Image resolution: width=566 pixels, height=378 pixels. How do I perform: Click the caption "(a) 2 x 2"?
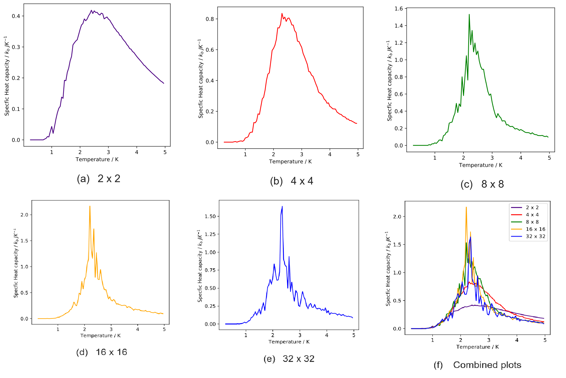(x=99, y=179)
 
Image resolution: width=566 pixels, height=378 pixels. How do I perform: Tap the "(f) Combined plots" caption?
(x=477, y=365)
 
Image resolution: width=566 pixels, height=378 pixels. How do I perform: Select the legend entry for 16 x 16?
(x=535, y=229)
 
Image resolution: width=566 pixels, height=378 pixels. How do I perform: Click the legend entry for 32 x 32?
(x=535, y=236)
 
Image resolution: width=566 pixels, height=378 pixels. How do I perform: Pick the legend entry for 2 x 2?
(x=532, y=207)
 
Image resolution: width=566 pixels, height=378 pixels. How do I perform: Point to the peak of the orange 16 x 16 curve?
(x=90, y=206)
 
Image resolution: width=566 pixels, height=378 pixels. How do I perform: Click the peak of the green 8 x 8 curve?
(x=469, y=15)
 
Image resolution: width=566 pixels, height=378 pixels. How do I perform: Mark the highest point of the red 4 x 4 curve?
(x=282, y=13)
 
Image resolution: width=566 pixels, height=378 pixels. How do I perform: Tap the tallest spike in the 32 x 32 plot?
(x=282, y=206)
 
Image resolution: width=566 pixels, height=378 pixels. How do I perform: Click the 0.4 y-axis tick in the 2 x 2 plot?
(x=16, y=16)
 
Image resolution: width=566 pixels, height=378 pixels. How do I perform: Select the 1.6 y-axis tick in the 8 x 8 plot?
(x=398, y=9)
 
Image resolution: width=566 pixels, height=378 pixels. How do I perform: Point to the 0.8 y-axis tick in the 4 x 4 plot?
(x=210, y=19)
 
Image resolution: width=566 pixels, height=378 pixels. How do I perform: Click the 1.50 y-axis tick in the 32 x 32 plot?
(x=210, y=216)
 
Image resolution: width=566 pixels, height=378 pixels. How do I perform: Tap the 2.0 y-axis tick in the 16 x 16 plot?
(x=24, y=215)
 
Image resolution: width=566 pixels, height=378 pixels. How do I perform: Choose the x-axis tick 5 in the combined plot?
(x=545, y=340)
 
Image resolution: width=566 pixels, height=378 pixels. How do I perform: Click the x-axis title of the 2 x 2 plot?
(x=97, y=159)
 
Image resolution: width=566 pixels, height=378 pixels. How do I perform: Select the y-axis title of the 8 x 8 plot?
(x=389, y=81)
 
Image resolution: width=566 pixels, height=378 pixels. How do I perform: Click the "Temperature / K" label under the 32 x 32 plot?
(x=289, y=342)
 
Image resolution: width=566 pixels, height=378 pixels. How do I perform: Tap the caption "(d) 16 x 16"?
(x=101, y=352)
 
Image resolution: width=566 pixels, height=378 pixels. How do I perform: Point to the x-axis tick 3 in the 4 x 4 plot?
(x=301, y=154)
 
